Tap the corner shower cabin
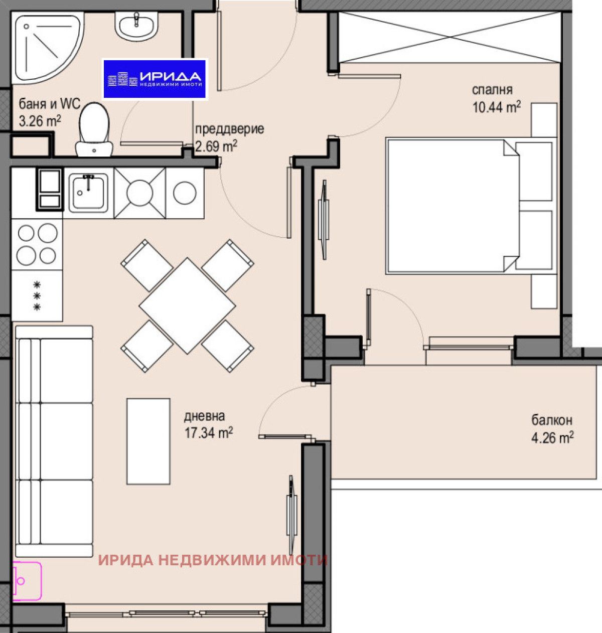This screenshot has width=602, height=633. point(43,48)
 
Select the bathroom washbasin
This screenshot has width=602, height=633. point(136,25)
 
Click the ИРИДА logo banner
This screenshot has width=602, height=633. point(155,79)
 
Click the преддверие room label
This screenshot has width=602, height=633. point(229,129)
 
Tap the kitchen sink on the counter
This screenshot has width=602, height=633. point(88,193)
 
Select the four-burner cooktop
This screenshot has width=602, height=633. point(37,244)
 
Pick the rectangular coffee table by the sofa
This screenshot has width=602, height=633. point(148,441)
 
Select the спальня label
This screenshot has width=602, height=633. point(492,90)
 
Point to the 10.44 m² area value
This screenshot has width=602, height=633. point(496,107)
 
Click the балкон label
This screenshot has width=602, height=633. point(552,420)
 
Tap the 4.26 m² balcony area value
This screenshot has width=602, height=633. point(552,437)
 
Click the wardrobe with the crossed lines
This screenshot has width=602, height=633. point(449,37)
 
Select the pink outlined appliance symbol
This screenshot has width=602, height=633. point(27,581)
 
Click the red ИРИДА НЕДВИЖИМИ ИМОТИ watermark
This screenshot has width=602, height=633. point(213,560)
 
